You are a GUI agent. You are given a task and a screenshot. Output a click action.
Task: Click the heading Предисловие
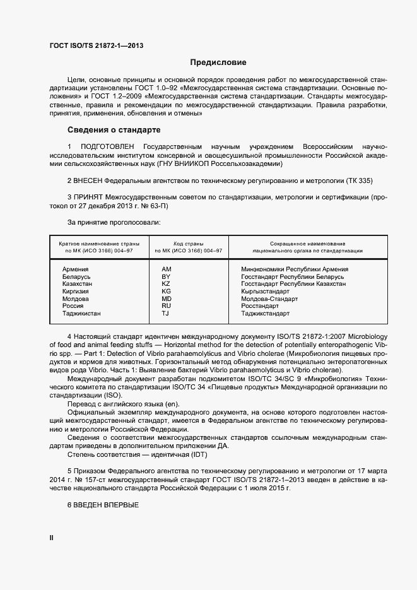tap(218, 62)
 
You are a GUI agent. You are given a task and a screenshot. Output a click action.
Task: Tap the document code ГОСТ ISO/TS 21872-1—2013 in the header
tap(91, 45)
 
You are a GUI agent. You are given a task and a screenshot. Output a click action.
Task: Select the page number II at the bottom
tap(52, 538)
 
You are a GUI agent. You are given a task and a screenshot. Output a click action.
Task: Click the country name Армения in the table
tap(75, 269)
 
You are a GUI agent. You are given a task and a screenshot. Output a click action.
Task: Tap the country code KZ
tap(167, 285)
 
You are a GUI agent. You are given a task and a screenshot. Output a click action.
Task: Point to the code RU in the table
tap(167, 306)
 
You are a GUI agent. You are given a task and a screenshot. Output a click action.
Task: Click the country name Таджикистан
tap(81, 314)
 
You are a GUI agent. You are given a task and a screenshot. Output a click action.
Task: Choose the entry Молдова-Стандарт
tap(269, 299)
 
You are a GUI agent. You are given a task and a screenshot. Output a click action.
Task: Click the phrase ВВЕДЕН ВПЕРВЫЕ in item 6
tap(106, 504)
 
